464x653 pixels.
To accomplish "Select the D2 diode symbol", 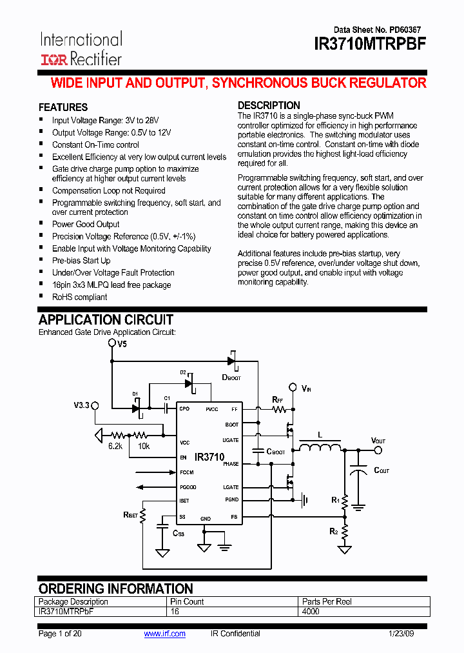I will (189, 383).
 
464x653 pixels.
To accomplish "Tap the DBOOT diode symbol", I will (231, 360).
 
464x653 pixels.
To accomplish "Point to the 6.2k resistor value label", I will (115, 446).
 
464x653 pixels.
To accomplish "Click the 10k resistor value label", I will (143, 446).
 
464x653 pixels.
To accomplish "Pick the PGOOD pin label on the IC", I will (188, 487).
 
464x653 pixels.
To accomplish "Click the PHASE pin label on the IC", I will (231, 464).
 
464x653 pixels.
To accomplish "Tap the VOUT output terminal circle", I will (379, 450).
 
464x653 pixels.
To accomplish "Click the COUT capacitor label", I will (382, 470).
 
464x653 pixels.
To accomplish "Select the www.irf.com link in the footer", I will (164, 634).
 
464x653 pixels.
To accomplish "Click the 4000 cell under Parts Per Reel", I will (311, 611).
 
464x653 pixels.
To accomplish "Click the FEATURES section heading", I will (63, 107).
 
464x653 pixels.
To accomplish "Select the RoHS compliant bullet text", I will (79, 297).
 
